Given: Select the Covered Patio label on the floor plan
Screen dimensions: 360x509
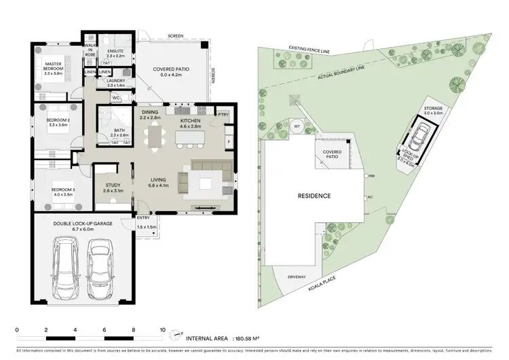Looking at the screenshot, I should point(172,71).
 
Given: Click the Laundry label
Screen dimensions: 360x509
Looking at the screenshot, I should point(115,83).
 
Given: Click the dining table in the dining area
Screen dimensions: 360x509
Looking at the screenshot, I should point(157,138).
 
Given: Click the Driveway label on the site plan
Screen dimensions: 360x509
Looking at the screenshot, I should point(297,276).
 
